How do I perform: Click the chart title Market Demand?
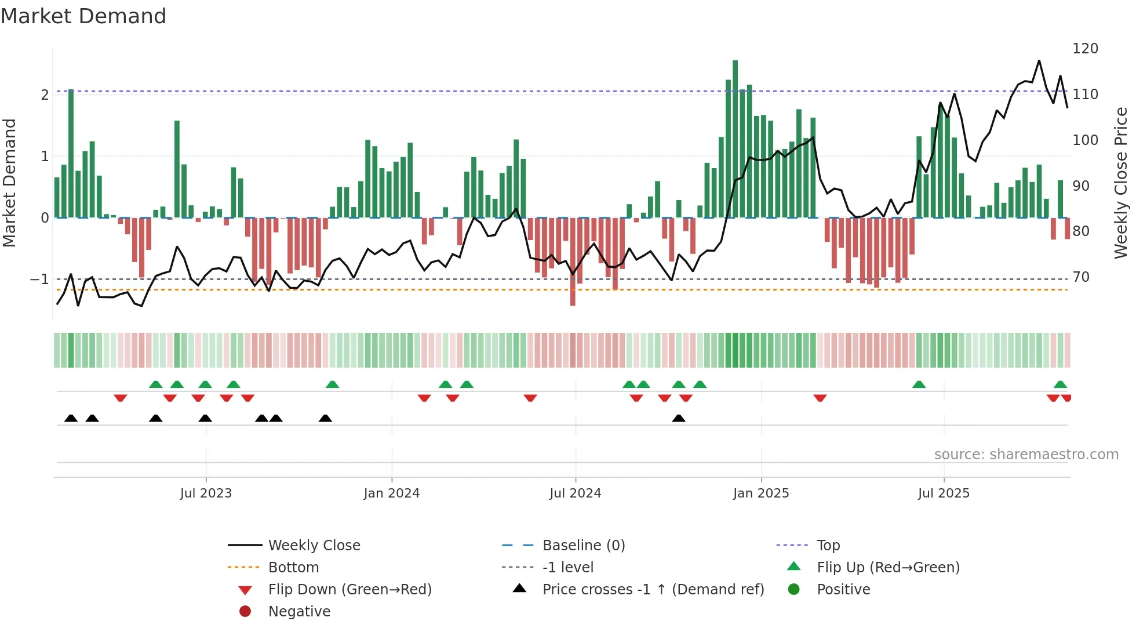coord(83,16)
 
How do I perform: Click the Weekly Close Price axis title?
coord(1121,183)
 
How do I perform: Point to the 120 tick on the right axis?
coord(1084,49)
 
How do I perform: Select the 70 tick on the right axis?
coord(1080,277)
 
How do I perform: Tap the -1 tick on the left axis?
coord(39,279)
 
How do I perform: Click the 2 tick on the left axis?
coord(45,95)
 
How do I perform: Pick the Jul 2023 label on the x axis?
coord(206,493)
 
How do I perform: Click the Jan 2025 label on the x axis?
coord(760,493)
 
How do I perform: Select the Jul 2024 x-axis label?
coord(575,493)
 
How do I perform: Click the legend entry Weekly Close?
coord(314,546)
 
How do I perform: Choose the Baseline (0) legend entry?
coord(583,546)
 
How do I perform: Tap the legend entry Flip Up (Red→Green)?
coord(888,568)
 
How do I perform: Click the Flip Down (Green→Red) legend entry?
coord(349,590)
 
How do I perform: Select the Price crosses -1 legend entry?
coord(653,590)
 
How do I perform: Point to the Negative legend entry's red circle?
coord(245,612)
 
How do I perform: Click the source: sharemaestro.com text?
coord(1026,455)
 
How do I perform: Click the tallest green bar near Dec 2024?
coord(735,139)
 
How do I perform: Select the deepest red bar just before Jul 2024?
coord(573,261)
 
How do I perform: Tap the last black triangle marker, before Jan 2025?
coord(679,418)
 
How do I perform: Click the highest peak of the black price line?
coord(1039,61)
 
